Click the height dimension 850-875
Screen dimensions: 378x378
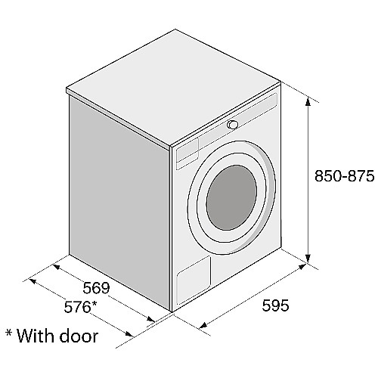pos(344,176)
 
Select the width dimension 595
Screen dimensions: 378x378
pos(275,305)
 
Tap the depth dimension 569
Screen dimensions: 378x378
pos(96,288)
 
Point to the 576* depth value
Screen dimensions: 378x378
pos(80,307)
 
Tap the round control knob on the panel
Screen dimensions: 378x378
pos(232,125)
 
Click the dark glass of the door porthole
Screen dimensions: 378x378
pos(231,197)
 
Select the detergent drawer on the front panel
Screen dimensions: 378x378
pos(187,153)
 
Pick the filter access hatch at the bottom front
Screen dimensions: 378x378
pos(194,279)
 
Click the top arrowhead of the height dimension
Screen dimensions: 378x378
pos(308,101)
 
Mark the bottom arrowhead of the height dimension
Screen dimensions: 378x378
pos(308,259)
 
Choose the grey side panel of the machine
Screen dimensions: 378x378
pos(119,202)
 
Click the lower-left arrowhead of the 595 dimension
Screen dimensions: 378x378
pos(203,325)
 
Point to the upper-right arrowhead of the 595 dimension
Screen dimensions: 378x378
pos(302,267)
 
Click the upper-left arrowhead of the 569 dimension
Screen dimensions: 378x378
pos(57,266)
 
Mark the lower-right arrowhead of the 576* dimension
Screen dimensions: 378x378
pos(129,334)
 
